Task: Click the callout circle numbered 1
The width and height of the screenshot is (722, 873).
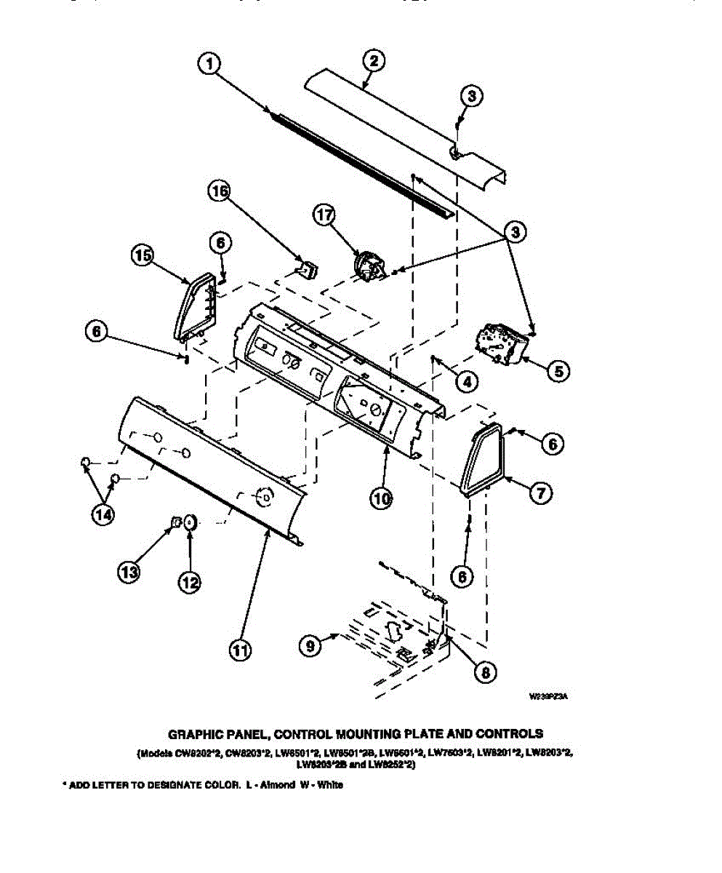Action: tap(209, 65)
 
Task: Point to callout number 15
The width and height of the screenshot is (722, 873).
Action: tap(143, 255)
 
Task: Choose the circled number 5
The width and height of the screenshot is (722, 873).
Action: tap(557, 371)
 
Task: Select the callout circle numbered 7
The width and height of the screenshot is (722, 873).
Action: tap(540, 493)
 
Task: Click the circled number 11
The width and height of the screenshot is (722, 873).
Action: tap(240, 650)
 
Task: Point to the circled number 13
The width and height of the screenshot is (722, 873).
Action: tap(129, 573)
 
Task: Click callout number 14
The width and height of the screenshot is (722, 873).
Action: tap(103, 513)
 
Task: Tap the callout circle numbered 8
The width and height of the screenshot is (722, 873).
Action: tap(483, 672)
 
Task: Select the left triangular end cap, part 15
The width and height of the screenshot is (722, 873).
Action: tap(195, 308)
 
